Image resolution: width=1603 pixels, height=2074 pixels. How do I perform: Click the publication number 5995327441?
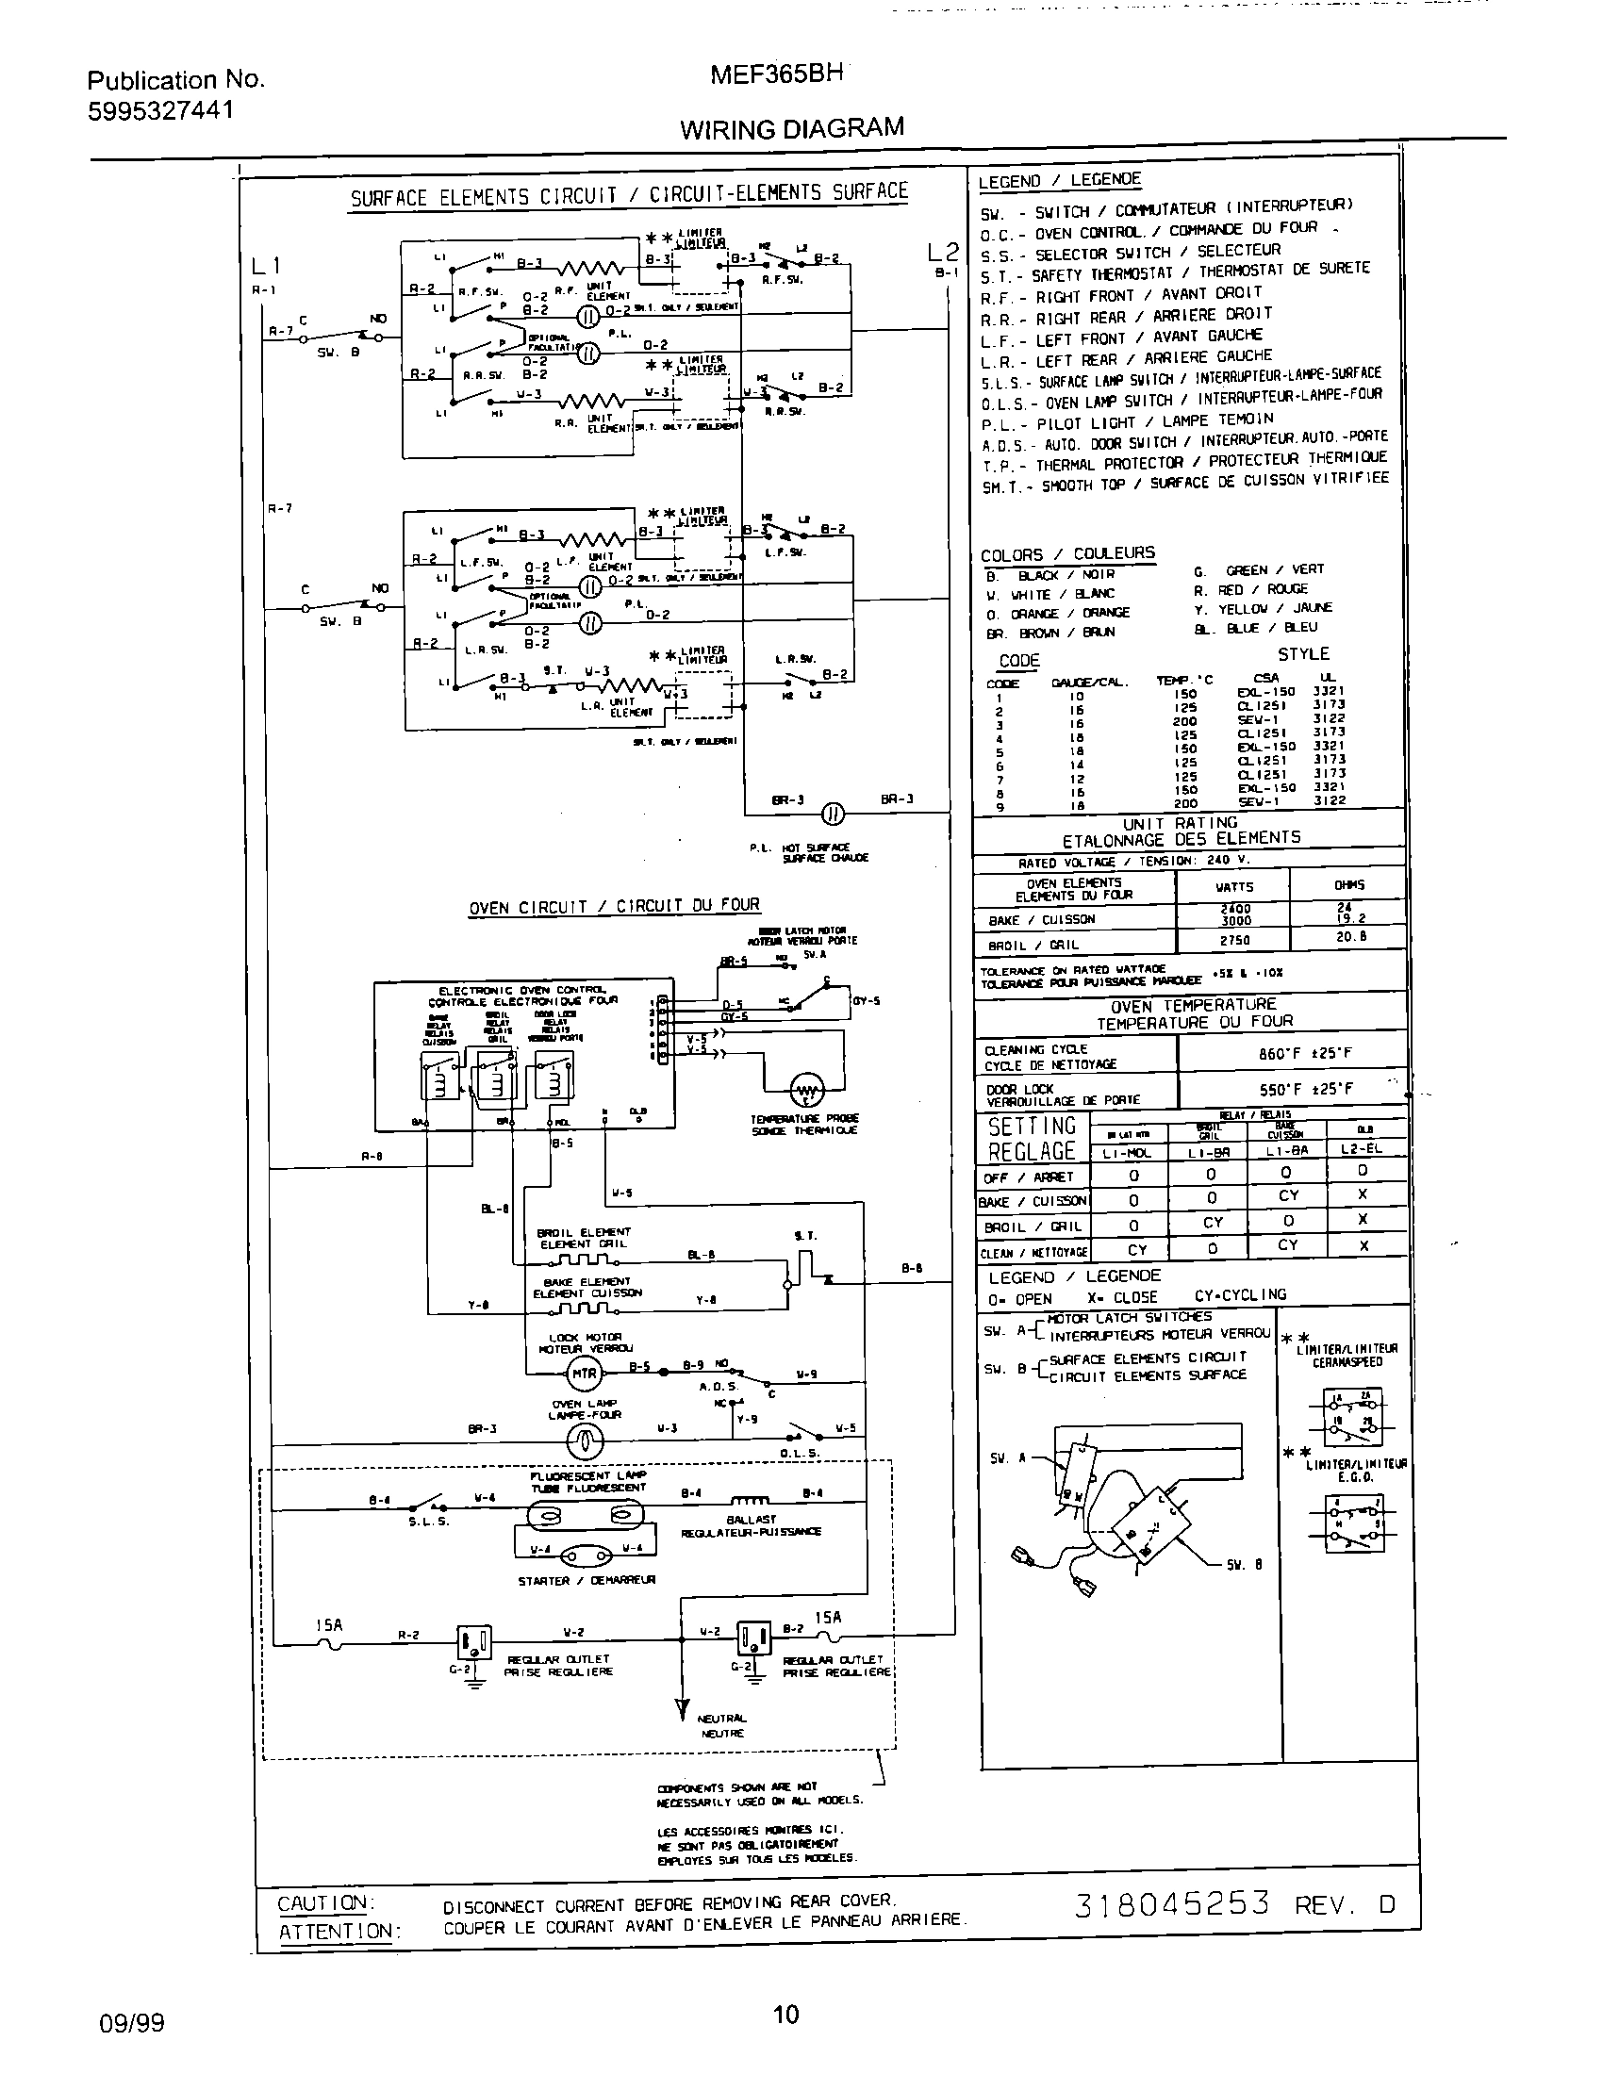click(x=160, y=111)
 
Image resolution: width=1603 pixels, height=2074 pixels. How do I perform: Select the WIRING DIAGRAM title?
click(x=791, y=128)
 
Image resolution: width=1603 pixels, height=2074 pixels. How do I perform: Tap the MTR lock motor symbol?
click(x=583, y=1374)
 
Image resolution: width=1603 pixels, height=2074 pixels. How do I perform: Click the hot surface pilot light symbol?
click(x=832, y=813)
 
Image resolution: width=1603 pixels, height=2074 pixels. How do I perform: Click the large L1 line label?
click(x=266, y=266)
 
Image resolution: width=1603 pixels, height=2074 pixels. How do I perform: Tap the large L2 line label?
click(x=943, y=252)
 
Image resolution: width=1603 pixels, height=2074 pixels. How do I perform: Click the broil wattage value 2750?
click(x=1234, y=940)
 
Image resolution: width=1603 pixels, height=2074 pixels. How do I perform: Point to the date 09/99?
click(x=132, y=2023)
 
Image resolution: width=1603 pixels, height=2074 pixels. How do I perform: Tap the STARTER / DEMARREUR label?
click(x=586, y=1580)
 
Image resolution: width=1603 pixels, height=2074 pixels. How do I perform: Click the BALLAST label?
click(x=751, y=1519)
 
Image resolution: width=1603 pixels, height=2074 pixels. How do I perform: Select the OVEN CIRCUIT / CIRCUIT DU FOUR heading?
click(x=614, y=906)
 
